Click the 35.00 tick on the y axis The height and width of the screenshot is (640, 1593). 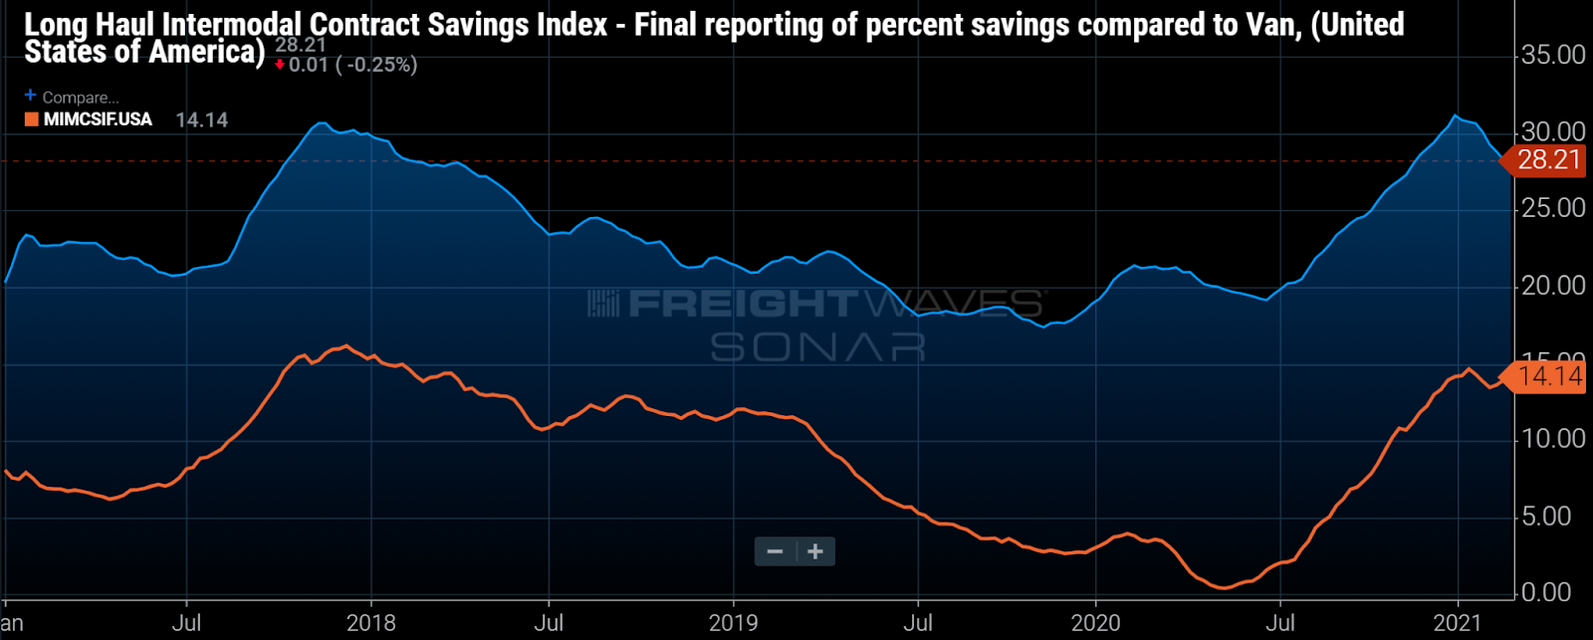point(1552,55)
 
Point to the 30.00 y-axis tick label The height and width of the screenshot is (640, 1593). point(1552,131)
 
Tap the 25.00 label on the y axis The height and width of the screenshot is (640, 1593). point(1552,208)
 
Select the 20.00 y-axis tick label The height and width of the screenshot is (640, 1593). point(1552,286)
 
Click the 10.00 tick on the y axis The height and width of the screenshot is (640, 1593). point(1552,439)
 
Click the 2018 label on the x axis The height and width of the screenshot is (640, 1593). point(370,623)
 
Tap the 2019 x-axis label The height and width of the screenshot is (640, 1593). point(733,623)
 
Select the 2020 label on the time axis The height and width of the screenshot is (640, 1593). point(1095,623)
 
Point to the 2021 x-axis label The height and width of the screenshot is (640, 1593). point(1458,623)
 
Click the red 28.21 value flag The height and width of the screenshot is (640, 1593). point(1547,159)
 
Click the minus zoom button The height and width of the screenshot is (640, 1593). point(775,551)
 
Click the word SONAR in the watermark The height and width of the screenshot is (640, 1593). point(817,347)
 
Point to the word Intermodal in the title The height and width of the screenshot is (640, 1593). point(246,25)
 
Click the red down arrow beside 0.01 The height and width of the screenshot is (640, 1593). point(281,66)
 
